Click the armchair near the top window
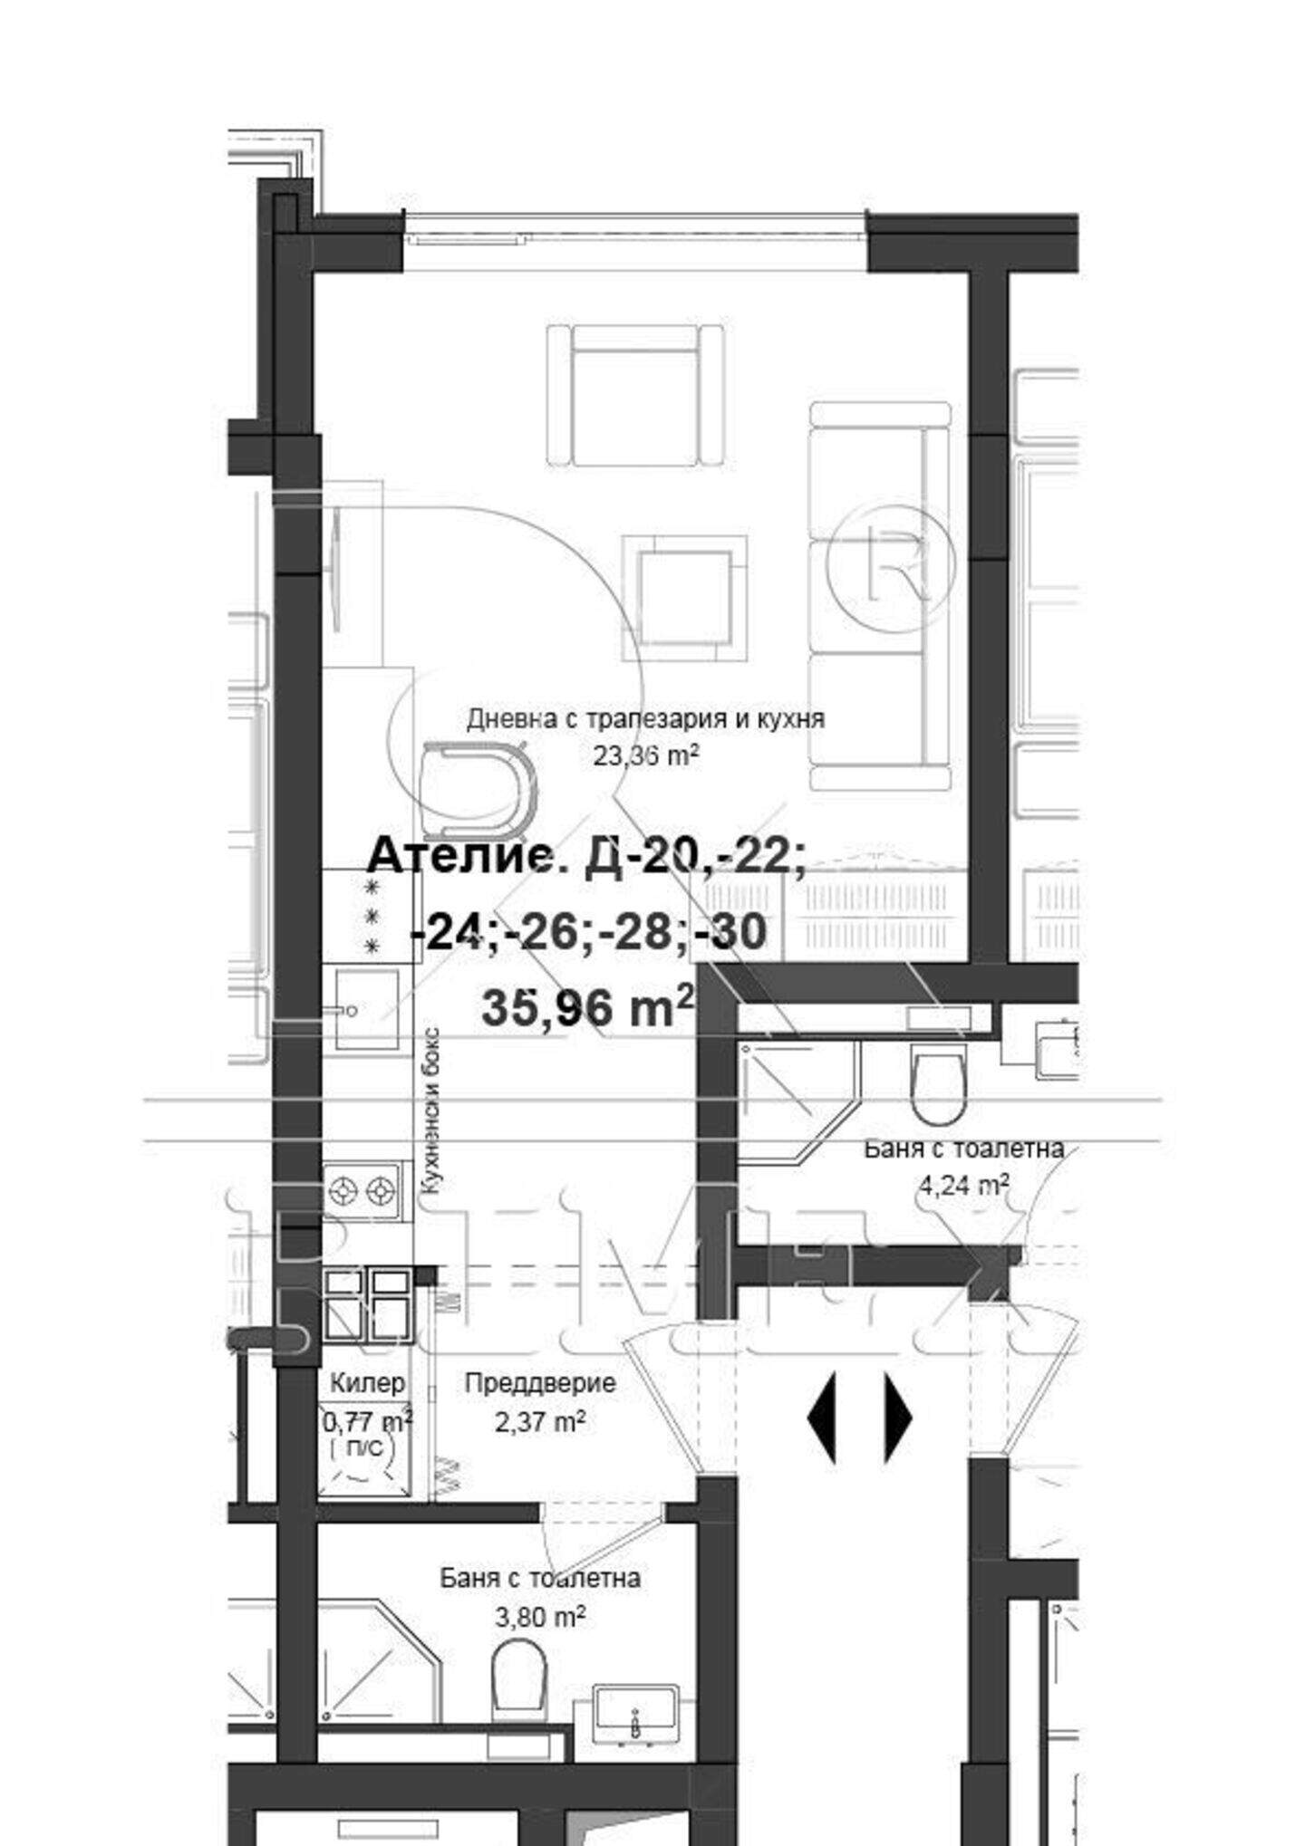coord(635,396)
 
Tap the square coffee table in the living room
coord(684,598)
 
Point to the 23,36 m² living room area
coord(646,755)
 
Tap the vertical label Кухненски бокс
coord(432,1111)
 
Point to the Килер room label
coord(367,1383)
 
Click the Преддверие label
coord(540,1383)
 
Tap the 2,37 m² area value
coord(539,1422)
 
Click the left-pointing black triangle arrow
coord(822,1418)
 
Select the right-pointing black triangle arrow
coord(898,1418)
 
